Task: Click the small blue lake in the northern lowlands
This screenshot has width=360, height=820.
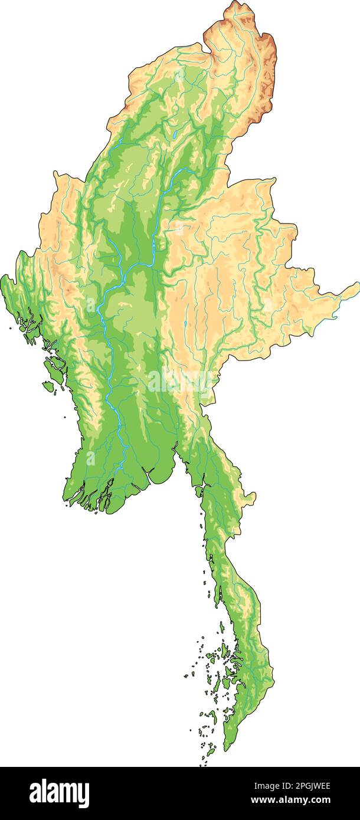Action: click(x=175, y=135)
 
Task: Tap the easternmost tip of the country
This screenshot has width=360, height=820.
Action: click(x=358, y=285)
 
